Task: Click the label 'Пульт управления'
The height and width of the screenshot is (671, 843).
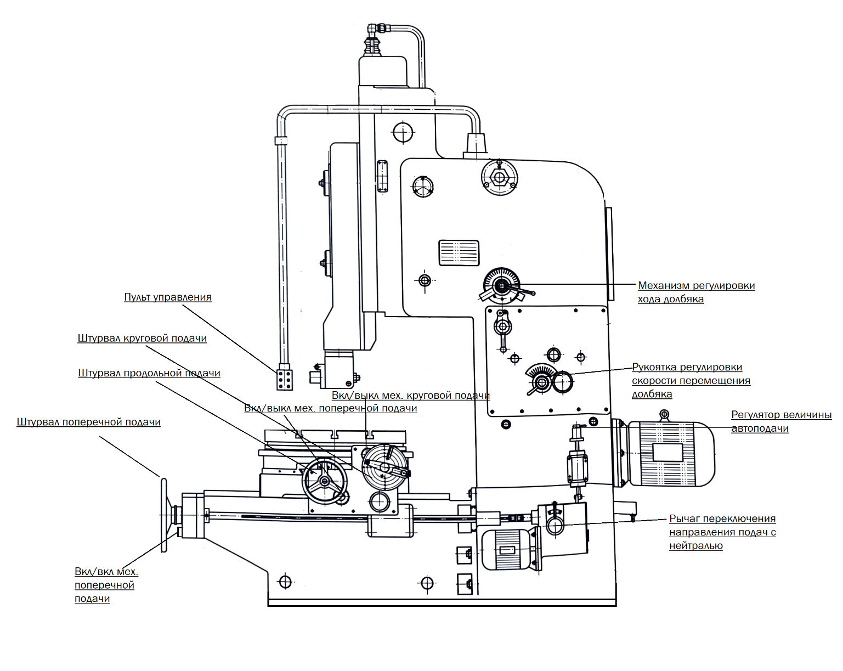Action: (x=168, y=297)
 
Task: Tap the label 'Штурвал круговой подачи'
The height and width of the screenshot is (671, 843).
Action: (x=142, y=339)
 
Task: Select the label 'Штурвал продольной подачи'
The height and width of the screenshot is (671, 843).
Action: (x=149, y=373)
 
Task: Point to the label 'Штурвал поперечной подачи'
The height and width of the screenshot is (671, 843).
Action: (x=88, y=422)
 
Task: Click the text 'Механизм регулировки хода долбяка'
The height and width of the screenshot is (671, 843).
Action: (x=696, y=292)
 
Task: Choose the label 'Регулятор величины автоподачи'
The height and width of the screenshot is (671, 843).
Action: (x=781, y=421)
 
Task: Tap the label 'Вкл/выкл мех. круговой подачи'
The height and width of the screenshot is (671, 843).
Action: (x=411, y=396)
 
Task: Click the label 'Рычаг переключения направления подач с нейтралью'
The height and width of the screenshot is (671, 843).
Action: (x=722, y=532)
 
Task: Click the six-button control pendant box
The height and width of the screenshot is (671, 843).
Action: (x=285, y=380)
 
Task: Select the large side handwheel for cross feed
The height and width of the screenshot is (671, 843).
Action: (x=164, y=515)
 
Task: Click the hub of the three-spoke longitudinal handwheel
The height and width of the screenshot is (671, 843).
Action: (x=325, y=482)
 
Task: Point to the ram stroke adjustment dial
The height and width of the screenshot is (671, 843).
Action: (x=502, y=286)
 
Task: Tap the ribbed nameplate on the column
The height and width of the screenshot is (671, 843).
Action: (x=459, y=253)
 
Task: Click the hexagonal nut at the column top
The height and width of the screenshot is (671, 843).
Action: (x=500, y=178)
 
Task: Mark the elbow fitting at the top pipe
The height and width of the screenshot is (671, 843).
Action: (x=376, y=29)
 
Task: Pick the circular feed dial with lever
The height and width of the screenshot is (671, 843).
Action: (x=386, y=467)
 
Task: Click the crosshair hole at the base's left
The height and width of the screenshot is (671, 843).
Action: (x=285, y=582)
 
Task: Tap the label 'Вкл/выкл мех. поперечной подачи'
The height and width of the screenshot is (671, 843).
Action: (x=330, y=408)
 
